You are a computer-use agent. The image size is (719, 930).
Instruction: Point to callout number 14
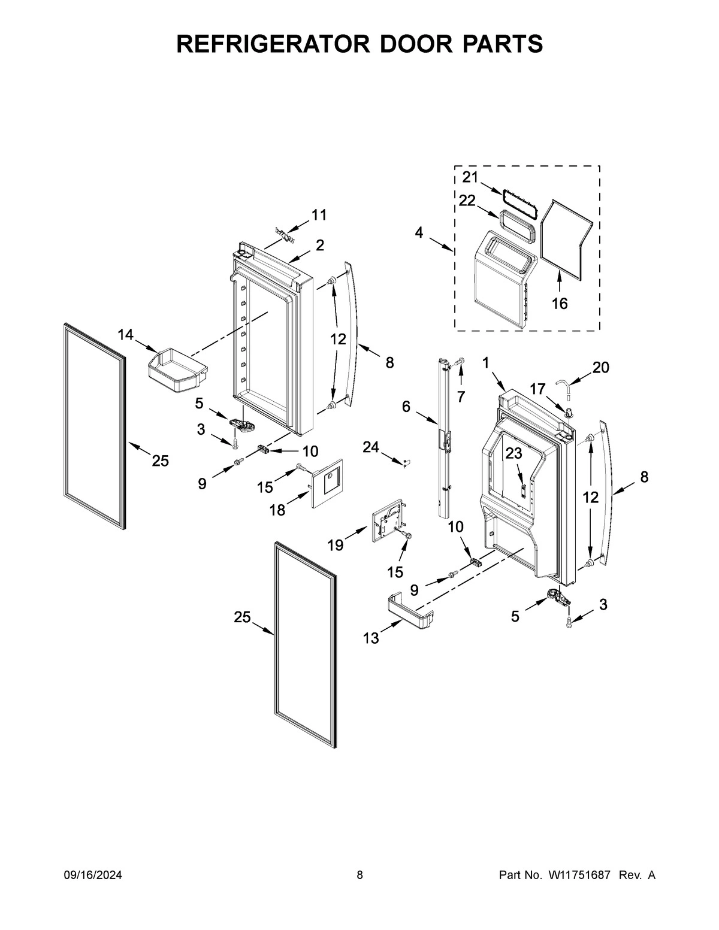(x=125, y=335)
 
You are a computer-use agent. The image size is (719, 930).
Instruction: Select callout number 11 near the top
(x=319, y=214)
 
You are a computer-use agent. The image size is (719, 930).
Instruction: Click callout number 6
(x=406, y=407)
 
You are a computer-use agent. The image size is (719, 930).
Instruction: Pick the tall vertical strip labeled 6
(x=444, y=437)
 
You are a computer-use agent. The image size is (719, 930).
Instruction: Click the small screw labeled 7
(x=459, y=361)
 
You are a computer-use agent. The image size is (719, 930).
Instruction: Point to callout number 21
(x=470, y=177)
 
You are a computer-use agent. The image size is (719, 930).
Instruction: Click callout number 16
(x=559, y=304)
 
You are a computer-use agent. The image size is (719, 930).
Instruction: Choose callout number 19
(x=335, y=544)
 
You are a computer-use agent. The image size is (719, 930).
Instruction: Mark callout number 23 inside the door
(x=513, y=454)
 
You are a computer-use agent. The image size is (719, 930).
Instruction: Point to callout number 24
(x=371, y=446)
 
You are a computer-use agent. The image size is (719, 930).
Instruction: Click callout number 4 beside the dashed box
(x=419, y=232)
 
